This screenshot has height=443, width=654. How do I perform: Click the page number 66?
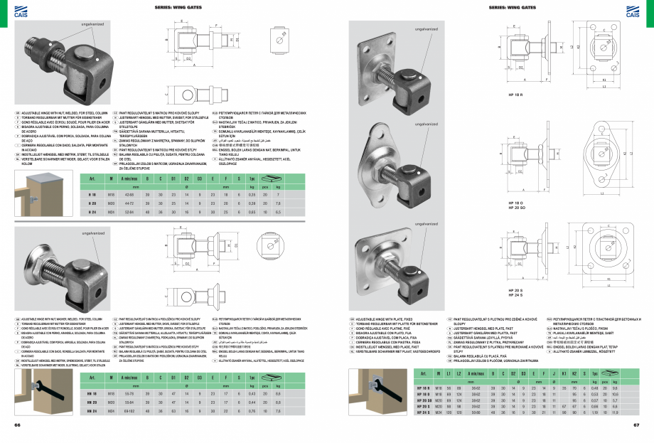point(18,425)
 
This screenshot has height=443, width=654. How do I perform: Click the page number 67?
point(636,425)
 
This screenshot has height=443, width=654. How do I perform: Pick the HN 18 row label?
point(91,391)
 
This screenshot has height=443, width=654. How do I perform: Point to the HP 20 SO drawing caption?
point(516,207)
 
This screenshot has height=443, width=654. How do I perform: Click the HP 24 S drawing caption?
point(515,294)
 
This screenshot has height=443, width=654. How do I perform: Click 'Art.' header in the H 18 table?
point(91,178)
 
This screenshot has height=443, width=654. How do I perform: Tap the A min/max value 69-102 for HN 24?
point(130,410)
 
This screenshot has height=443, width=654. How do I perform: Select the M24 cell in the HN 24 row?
point(111,410)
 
